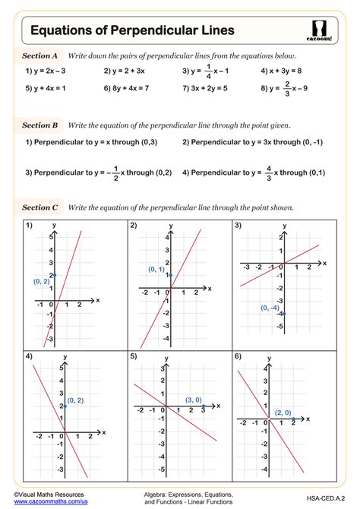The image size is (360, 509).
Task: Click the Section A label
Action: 39,56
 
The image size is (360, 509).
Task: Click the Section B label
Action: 39,125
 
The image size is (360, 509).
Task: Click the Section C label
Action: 39,207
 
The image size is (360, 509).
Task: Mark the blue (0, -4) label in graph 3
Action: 270,308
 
